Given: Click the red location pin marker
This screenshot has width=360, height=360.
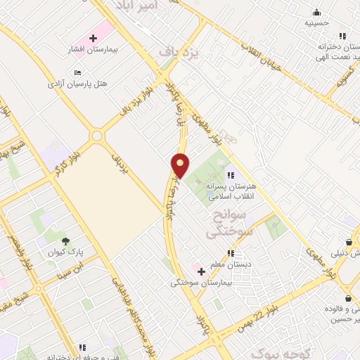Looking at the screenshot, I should click(x=181, y=165).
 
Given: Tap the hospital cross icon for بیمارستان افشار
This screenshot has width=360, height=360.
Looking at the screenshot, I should click(x=93, y=37).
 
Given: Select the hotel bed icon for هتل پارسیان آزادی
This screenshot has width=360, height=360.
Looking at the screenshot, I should click(x=78, y=72).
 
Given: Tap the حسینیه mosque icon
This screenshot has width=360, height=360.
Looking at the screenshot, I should click(x=317, y=12).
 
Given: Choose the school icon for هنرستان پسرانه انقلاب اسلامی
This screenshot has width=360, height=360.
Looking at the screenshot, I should click(x=230, y=175).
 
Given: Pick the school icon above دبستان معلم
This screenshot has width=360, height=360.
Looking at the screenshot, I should click(x=230, y=253).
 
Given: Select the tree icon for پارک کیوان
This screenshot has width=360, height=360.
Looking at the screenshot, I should click(x=65, y=240).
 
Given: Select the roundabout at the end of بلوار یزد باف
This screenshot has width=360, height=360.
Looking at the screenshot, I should click(x=96, y=136).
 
